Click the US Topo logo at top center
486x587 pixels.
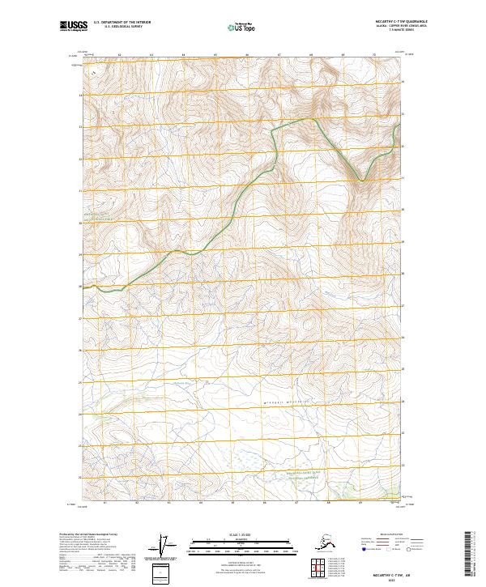click(x=242, y=27)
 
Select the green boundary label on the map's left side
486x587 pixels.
click(x=101, y=217)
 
